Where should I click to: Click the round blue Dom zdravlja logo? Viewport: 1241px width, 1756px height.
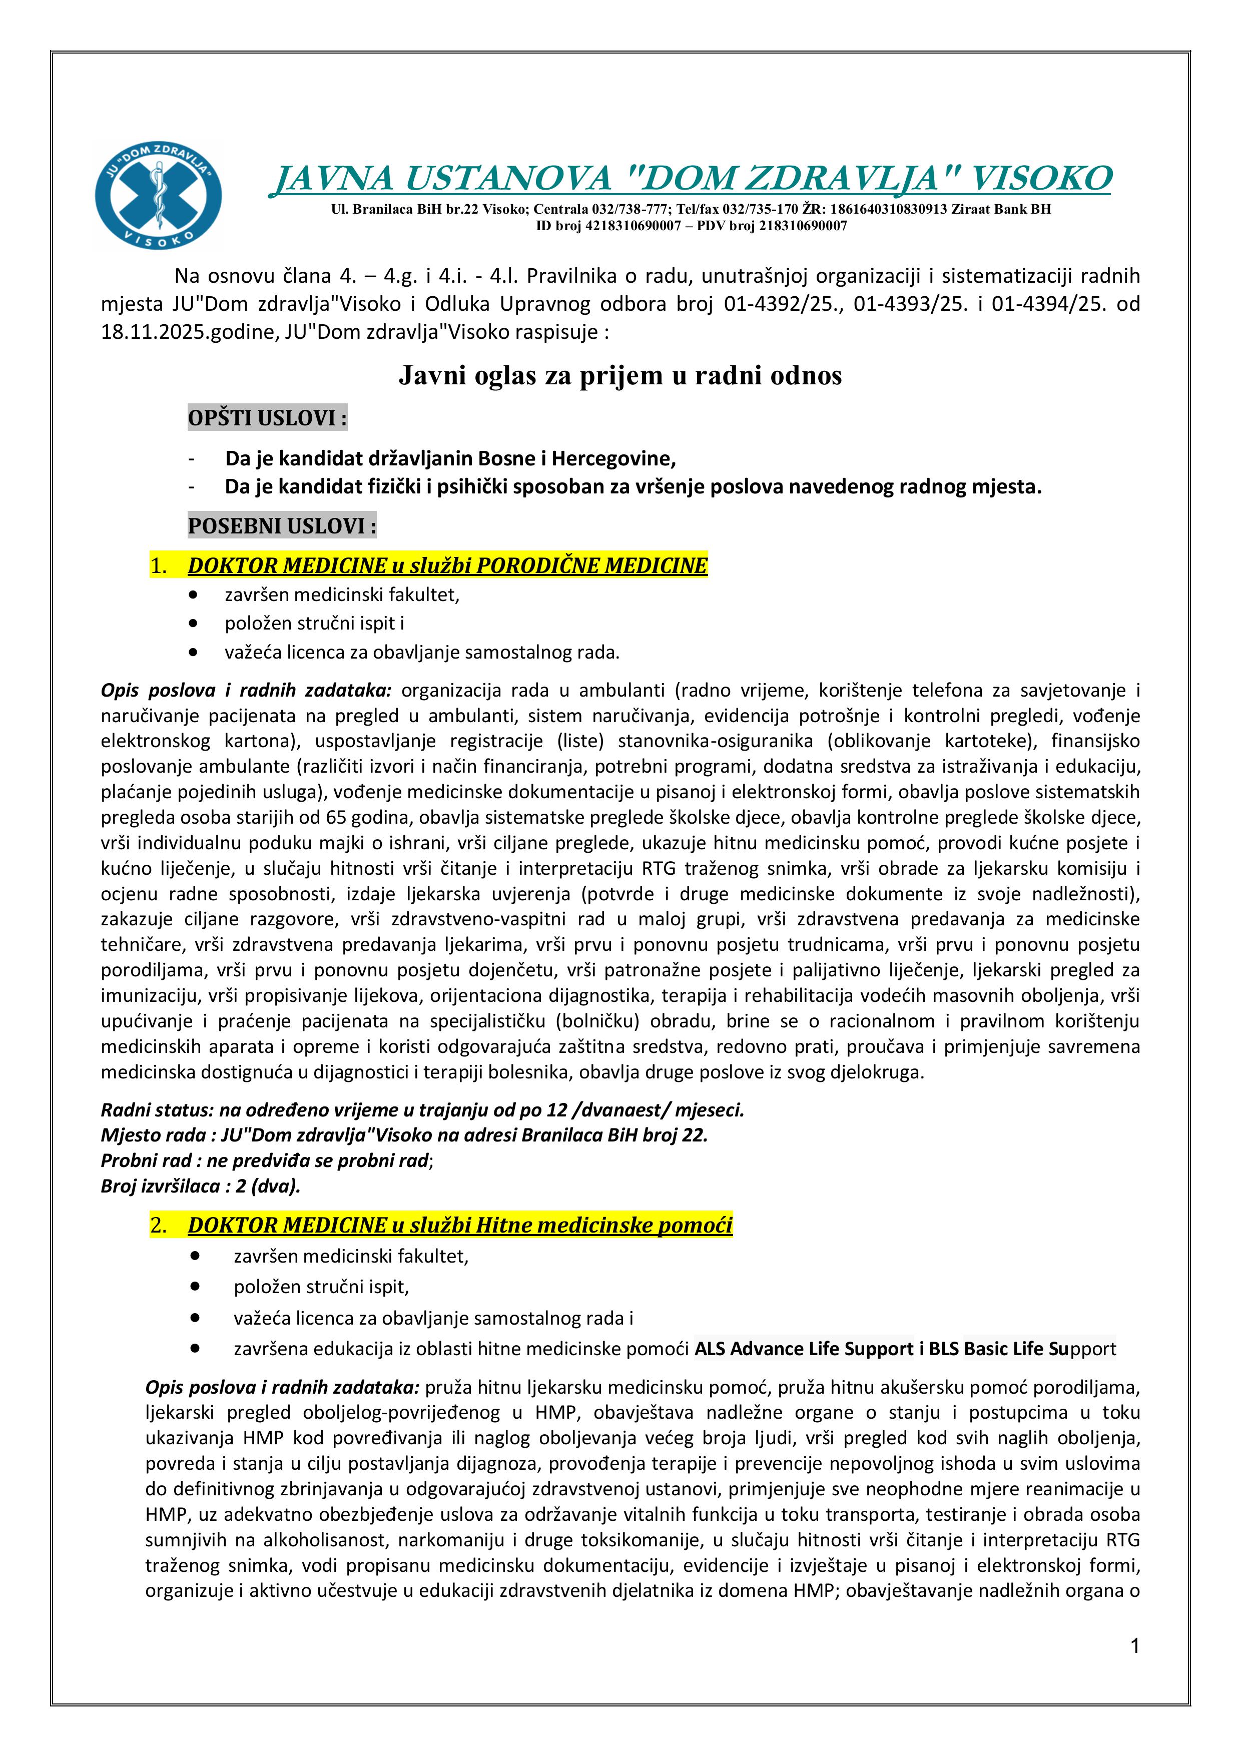click(158, 196)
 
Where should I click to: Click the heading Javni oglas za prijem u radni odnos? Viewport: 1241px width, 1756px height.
click(619, 375)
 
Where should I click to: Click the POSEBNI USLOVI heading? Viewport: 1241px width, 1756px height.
click(281, 526)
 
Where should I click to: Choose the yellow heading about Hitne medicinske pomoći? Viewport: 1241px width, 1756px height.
click(459, 1225)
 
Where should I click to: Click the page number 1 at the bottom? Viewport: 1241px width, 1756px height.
click(1135, 1646)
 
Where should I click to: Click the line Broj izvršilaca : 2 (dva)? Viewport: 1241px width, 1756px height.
click(200, 1186)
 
